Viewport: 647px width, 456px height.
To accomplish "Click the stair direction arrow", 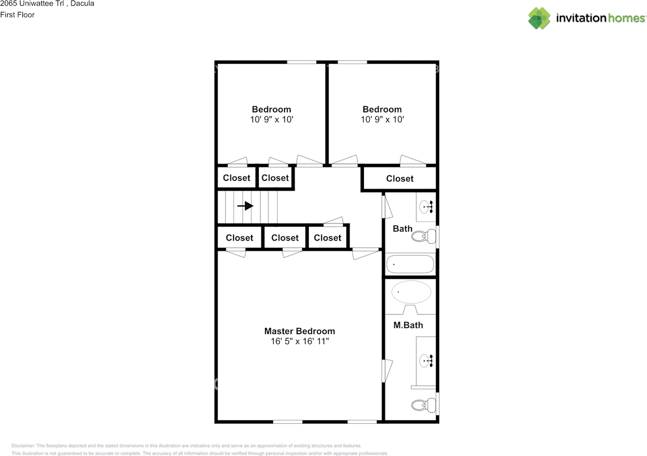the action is pos(246,206).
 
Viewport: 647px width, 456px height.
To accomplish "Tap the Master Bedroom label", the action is pos(300,331).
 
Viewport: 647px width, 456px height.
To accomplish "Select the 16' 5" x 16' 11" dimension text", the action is pos(300,341).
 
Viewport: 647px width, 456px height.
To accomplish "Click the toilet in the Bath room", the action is pos(424,236).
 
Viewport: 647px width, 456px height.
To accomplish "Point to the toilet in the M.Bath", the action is pos(424,405).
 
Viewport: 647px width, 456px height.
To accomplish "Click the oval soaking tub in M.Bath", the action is pos(411,292).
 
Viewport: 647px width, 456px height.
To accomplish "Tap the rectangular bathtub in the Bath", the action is pos(410,264).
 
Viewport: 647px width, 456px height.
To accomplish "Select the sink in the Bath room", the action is pos(426,207).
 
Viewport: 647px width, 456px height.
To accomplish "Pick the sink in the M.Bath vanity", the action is pos(426,361).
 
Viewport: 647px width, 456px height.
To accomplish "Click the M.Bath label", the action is pos(408,326).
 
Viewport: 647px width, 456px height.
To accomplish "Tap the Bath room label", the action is pos(402,229).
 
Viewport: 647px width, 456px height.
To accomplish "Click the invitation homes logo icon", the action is pos(539,18).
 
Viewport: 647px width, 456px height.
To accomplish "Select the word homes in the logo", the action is pos(626,18).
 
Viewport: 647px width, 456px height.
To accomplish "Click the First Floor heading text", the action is pos(17,15).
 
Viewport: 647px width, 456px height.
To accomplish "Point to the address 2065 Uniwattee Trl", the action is pos(32,4).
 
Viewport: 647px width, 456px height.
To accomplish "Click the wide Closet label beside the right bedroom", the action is pos(400,178).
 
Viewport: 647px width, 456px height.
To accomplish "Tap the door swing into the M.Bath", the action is pos(387,371).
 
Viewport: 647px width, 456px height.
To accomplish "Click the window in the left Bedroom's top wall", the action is pos(302,62).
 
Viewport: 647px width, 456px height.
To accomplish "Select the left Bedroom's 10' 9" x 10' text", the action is pos(271,119).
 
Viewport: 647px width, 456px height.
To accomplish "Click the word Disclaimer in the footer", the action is pos(23,445).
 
